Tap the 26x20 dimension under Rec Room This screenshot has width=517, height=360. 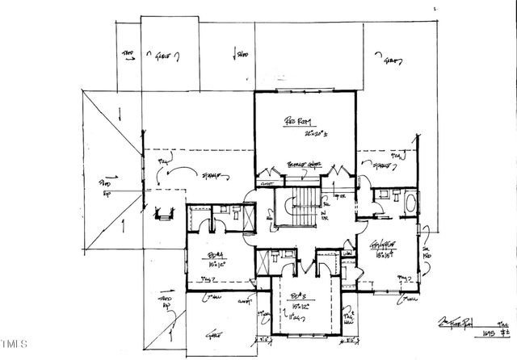pos(298,134)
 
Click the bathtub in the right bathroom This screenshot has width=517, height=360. pos(410,202)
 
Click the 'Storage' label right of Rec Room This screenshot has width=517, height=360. pos(380,167)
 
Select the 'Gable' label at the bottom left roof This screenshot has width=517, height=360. pos(214,333)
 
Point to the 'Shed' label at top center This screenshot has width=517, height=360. pos(241,54)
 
